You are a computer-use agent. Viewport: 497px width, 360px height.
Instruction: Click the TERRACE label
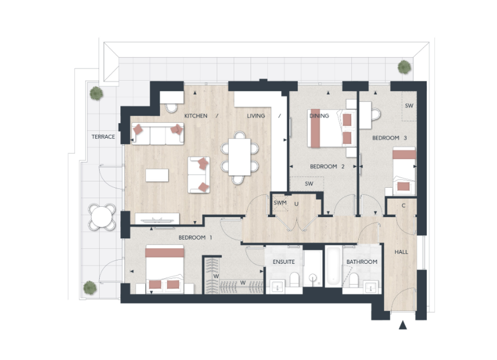tap(103, 137)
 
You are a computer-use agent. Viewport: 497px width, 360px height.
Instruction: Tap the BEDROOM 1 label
tap(195, 238)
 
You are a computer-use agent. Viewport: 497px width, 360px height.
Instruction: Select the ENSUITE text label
tap(284, 262)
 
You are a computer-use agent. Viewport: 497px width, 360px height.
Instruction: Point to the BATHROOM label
tap(362, 262)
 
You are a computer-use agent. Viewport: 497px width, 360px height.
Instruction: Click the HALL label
tap(401, 252)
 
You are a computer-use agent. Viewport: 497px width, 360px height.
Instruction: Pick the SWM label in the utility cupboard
tap(280, 203)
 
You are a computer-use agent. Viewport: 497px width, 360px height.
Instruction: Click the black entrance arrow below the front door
tap(403, 325)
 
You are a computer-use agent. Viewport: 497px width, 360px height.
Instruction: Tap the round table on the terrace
tap(102, 217)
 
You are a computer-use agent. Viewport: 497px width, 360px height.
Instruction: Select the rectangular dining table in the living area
tap(240, 157)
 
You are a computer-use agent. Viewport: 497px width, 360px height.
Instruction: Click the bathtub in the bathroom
tap(333, 266)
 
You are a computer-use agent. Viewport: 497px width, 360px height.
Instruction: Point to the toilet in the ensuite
tap(294, 279)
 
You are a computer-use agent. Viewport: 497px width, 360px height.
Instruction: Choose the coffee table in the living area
tap(157, 175)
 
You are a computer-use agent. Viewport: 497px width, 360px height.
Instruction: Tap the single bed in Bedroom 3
tap(404, 171)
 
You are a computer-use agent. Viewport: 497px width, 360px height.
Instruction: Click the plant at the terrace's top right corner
tap(404, 67)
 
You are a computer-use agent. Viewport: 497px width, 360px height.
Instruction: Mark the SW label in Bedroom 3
tap(409, 105)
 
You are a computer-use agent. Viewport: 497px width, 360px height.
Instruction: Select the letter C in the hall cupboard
tap(404, 206)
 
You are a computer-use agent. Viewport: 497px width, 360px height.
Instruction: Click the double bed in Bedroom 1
tap(165, 269)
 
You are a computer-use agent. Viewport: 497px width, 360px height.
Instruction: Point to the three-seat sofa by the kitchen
tap(158, 134)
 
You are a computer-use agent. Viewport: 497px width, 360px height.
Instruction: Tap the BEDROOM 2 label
tap(327, 166)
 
